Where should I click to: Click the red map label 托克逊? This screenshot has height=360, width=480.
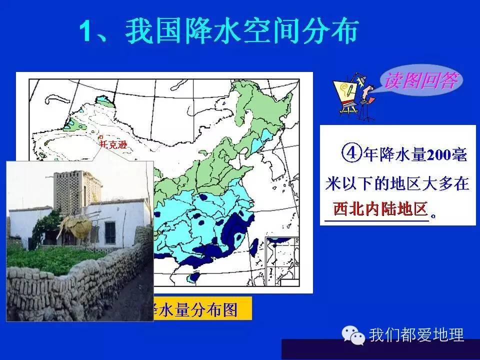tap(110, 144)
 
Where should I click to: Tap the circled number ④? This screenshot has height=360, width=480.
tap(351, 153)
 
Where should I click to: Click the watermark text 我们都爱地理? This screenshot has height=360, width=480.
tap(416, 334)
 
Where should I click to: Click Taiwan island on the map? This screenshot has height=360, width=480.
tap(253, 245)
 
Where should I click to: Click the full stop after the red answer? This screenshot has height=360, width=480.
tap(433, 215)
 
